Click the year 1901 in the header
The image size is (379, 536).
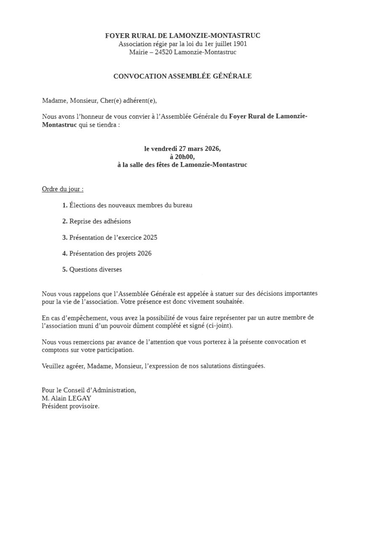(239, 44)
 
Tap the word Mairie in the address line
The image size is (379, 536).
(138, 52)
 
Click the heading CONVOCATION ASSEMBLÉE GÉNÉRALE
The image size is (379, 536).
(182, 76)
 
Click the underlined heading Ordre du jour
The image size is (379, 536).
(62, 189)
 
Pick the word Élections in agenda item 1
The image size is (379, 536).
(83, 205)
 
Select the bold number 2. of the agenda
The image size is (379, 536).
(65, 221)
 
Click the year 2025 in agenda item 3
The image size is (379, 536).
(150, 237)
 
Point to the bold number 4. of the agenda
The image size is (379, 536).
(65, 253)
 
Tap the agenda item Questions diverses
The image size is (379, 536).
(96, 269)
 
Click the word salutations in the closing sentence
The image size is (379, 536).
(215, 366)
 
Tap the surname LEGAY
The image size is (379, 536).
(80, 398)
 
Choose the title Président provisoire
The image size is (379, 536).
(70, 406)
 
